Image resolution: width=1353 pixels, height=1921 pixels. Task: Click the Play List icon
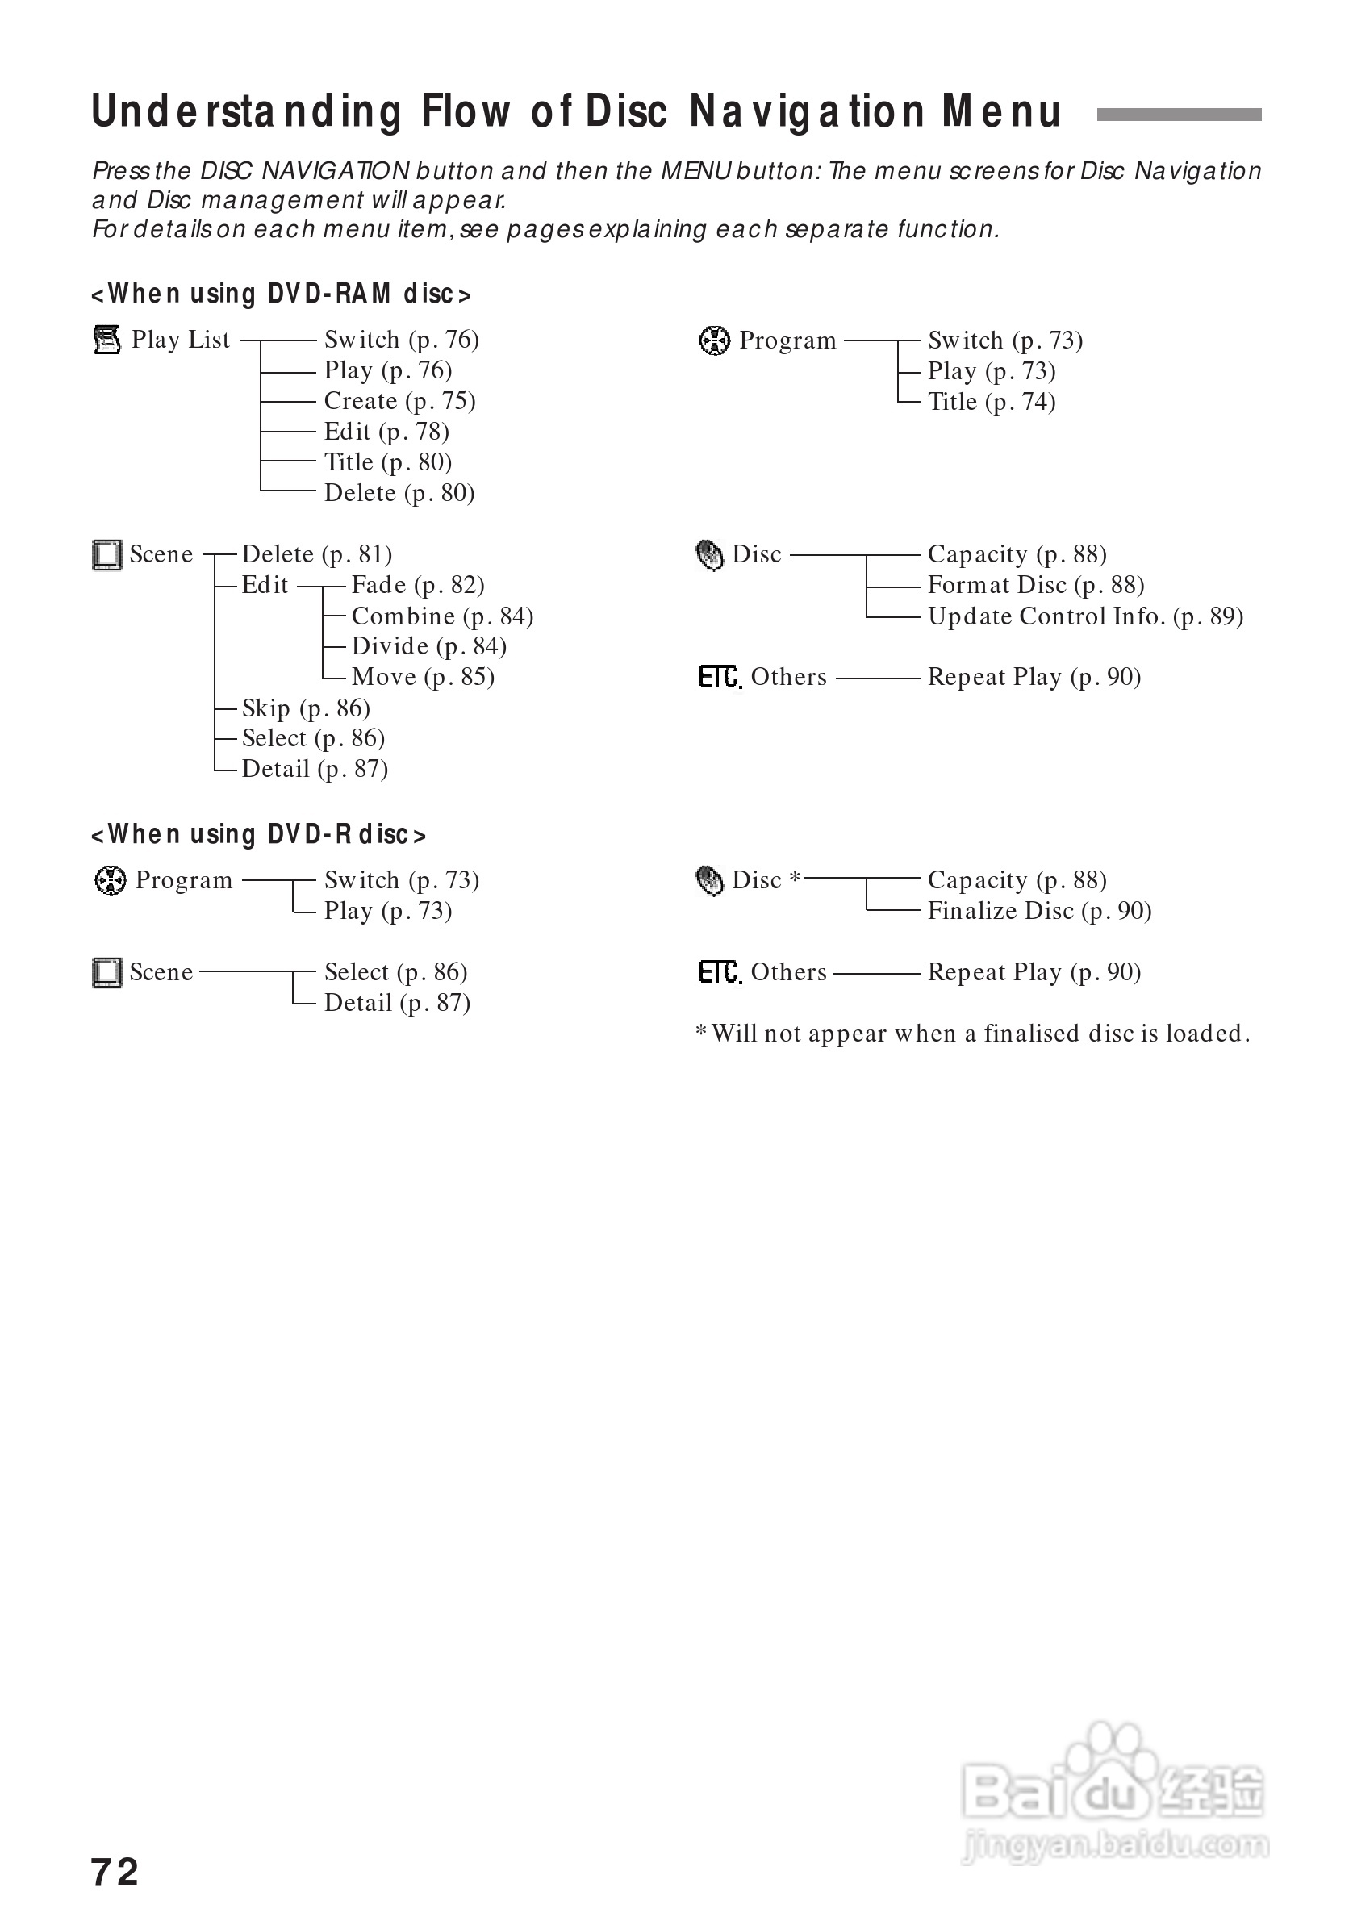107,340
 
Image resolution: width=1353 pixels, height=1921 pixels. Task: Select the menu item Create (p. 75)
399,401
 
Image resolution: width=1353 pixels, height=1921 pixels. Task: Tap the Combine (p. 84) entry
442,616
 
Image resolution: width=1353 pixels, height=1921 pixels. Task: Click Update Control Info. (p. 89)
1084,616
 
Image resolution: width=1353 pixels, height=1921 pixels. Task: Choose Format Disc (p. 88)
1035,585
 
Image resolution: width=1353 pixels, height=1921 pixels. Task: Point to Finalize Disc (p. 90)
1038,910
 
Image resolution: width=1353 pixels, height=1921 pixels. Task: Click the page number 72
115,1872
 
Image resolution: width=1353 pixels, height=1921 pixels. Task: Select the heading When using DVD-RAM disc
281,294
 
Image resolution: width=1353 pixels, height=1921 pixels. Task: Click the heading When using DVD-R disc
258,834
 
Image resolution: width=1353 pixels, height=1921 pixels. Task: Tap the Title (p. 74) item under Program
991,402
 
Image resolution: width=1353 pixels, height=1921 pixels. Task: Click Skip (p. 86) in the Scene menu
306,708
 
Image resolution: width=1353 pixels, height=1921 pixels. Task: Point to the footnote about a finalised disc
972,1034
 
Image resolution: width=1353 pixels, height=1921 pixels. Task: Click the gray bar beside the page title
1178,115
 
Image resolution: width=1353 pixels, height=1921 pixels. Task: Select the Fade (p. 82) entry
418,585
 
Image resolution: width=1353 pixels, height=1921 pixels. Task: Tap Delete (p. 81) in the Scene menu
316,554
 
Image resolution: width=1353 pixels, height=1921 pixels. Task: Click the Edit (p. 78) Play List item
386,432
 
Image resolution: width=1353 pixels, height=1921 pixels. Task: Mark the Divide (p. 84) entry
428,646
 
